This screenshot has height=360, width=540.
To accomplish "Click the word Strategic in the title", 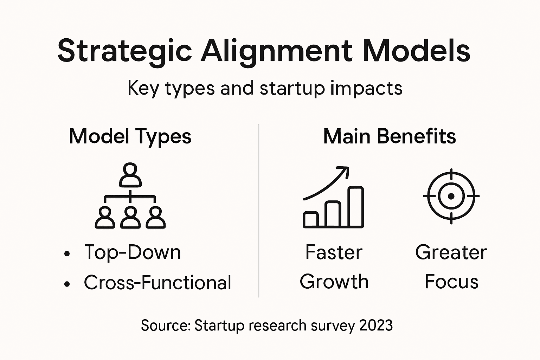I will coord(125,51).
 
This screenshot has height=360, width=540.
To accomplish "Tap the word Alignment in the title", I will coord(276,51).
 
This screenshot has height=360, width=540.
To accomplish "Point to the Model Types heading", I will coord(130,136).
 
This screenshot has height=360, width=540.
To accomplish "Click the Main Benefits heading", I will coord(390,136).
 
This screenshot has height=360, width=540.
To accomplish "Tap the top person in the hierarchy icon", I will coord(130,175).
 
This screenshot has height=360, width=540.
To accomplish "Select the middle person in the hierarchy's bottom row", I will coord(130,218).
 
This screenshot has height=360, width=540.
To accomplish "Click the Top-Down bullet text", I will coord(133,252).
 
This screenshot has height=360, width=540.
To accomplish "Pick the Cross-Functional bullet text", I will coord(157,282).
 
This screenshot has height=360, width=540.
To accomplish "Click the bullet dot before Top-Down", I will coord(67,253).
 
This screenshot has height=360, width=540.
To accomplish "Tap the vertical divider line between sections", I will coord(259,211).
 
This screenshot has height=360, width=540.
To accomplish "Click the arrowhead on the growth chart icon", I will coord(344,171).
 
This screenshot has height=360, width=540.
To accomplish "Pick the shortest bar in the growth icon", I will coord(311,219).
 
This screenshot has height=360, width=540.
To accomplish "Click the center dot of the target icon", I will coord(451,196).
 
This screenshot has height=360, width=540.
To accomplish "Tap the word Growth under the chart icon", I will coord(334,282).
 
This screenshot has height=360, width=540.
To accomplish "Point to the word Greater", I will coord(451,252).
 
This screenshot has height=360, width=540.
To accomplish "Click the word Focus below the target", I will coord(451,282).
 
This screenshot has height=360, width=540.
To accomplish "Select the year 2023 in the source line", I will coord(376,326).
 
